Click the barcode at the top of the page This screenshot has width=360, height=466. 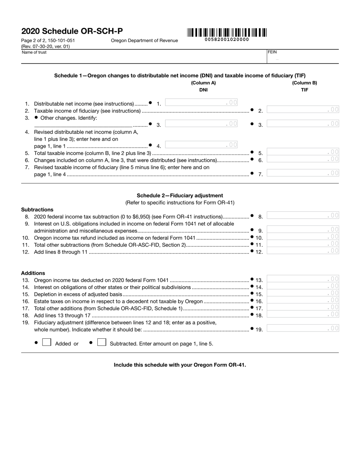pyautogui.click(x=227, y=33)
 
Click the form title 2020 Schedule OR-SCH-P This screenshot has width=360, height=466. pyautogui.click(x=72, y=31)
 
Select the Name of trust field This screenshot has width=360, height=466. pyautogui.click(x=144, y=58)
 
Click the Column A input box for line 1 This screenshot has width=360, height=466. pyautogui.click(x=202, y=103)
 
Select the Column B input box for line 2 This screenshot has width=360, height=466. pyautogui.click(x=303, y=110)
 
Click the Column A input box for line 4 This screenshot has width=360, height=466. pyautogui.click(x=202, y=145)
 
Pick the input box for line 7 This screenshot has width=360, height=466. pyautogui.click(x=303, y=174)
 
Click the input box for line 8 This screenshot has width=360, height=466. pyautogui.click(x=303, y=216)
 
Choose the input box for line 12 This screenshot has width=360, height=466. pyautogui.click(x=303, y=251)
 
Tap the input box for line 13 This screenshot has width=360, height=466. pyautogui.click(x=303, y=279)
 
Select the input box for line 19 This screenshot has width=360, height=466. pyautogui.click(x=303, y=328)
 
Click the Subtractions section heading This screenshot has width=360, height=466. pyautogui.click(x=37, y=210)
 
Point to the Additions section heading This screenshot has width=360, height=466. pyautogui.click(x=33, y=273)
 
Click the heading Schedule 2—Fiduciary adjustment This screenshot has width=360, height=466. pyautogui.click(x=180, y=195)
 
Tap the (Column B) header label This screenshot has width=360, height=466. pyautogui.click(x=304, y=83)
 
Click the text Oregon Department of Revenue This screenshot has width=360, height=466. pyautogui.click(x=144, y=41)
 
